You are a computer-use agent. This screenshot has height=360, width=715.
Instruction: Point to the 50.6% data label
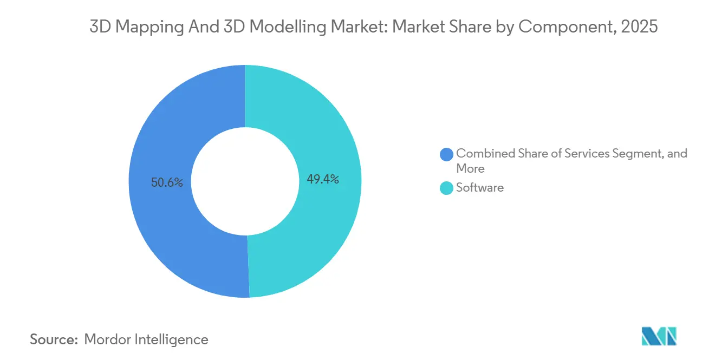pyautogui.click(x=167, y=182)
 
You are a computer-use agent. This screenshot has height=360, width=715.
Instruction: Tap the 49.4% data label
pyautogui.click(x=323, y=179)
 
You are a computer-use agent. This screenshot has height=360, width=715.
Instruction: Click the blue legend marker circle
pyautogui.click(x=447, y=154)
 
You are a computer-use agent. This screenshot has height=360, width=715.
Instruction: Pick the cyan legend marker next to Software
pyautogui.click(x=447, y=188)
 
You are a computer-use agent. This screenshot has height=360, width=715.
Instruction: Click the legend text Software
pyautogui.click(x=480, y=188)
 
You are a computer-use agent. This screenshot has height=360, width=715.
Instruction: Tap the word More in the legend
pyautogui.click(x=470, y=168)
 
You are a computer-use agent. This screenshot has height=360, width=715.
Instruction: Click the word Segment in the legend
pyautogui.click(x=638, y=154)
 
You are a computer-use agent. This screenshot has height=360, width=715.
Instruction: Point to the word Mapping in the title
pyautogui.click(x=138, y=27)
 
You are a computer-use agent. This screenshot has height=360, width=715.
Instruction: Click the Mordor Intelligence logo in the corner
pyautogui.click(x=659, y=336)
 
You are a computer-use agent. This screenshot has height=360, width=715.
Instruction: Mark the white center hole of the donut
pyautogui.click(x=245, y=181)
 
